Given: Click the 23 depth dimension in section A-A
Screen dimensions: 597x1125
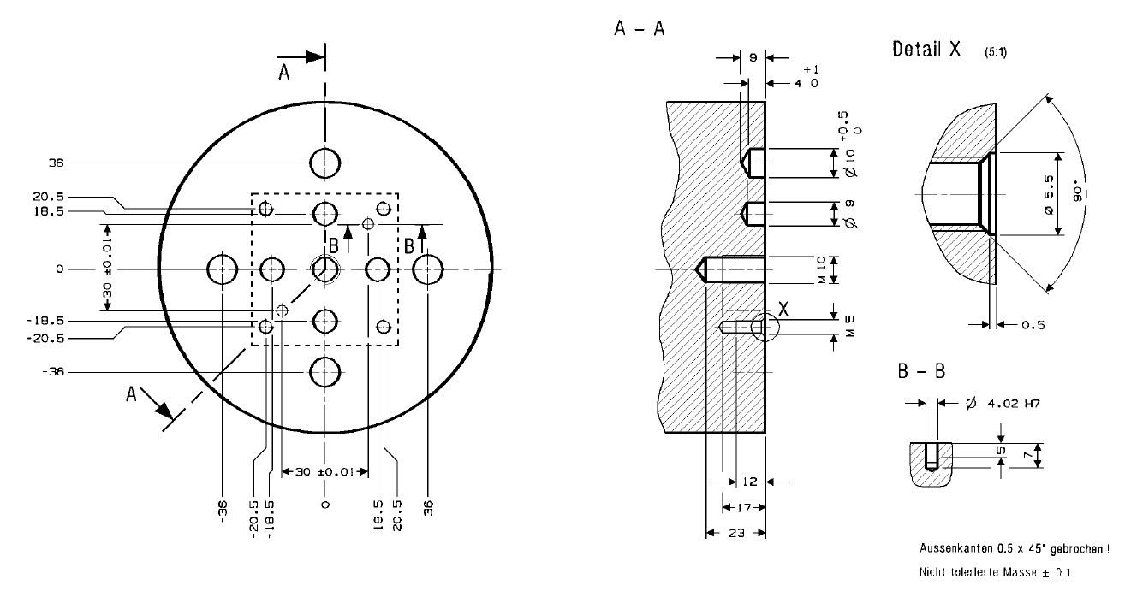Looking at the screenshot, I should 735,533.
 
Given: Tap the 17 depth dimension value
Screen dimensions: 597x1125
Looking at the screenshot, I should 741,507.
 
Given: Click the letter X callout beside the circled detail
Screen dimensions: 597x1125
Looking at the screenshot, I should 784,312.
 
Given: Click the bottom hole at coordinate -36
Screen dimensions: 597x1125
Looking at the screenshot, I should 325,372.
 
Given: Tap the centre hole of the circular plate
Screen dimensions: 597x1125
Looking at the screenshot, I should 325,269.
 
